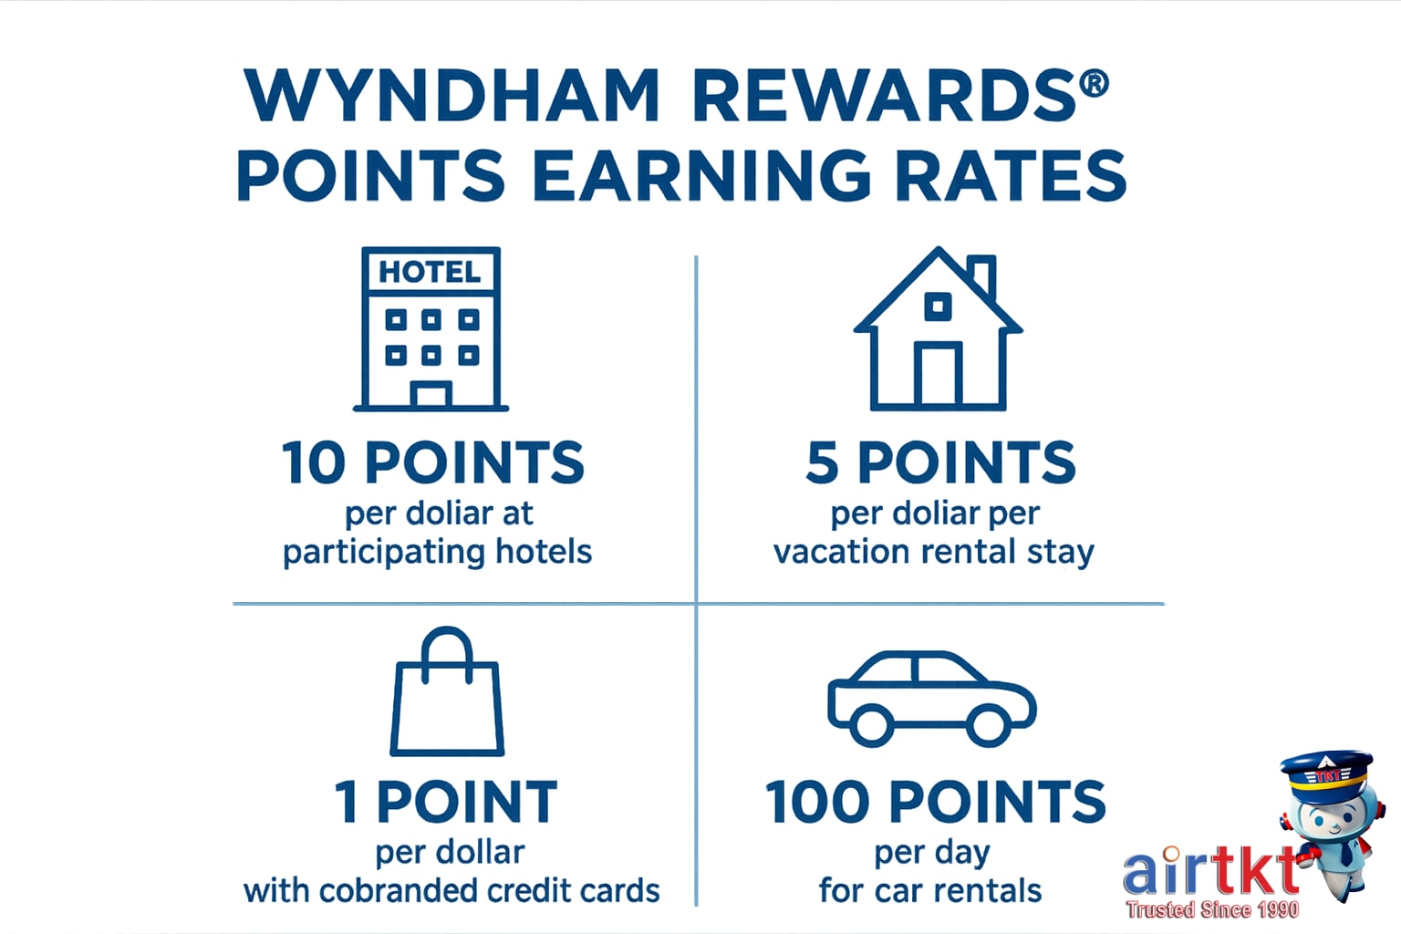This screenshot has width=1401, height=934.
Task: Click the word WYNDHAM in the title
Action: (451, 96)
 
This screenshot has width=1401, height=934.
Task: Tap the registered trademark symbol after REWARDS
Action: (1094, 84)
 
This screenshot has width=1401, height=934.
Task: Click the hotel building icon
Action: (431, 329)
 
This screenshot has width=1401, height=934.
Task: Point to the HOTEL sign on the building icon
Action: (430, 272)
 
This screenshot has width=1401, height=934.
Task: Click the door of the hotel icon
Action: (431, 396)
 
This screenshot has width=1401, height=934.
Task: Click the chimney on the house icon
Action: (982, 276)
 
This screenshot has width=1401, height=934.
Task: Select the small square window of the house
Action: (938, 306)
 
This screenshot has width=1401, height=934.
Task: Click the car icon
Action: (931, 697)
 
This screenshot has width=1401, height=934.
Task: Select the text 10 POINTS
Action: (432, 463)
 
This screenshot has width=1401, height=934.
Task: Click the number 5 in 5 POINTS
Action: (822, 463)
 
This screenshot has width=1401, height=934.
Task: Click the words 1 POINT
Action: (446, 803)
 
